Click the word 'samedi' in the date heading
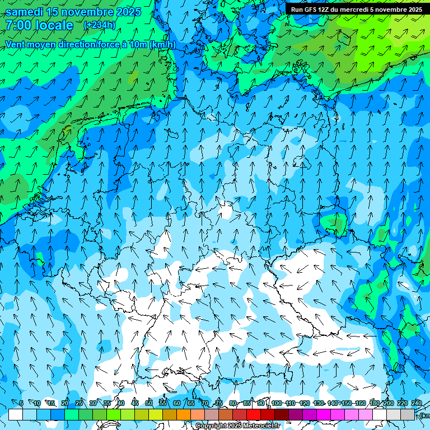(25, 12)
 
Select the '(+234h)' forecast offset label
(100, 25)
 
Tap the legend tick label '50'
(148, 403)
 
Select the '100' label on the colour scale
(276, 403)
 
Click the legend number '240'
(416, 403)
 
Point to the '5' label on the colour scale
(21, 403)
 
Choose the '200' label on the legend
(388, 403)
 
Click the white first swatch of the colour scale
(16, 414)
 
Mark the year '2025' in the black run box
(413, 10)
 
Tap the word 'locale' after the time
(54, 25)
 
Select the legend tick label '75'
(218, 403)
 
